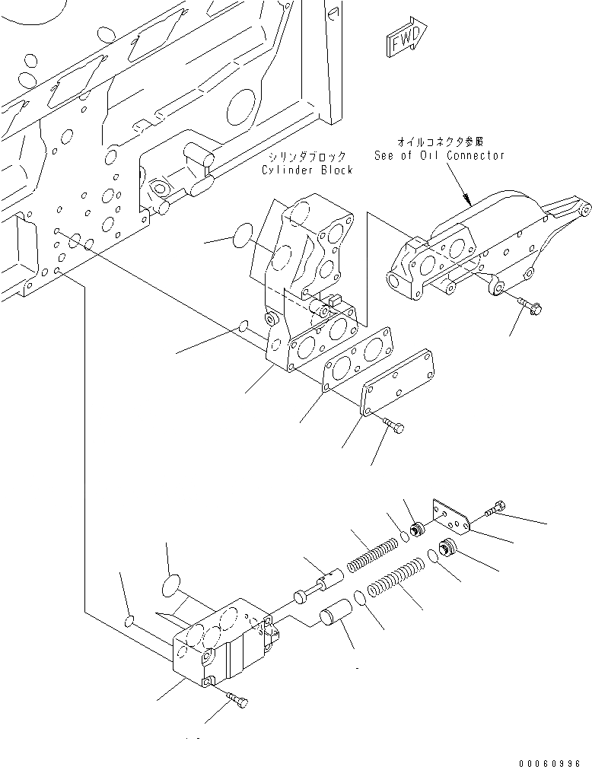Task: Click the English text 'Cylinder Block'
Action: (307, 170)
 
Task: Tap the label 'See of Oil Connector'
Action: (439, 155)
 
